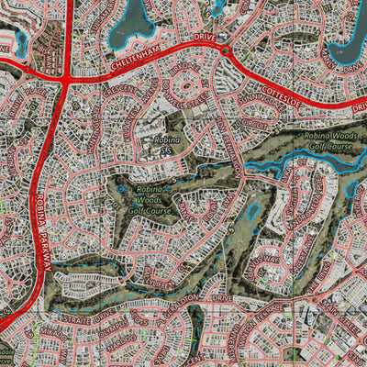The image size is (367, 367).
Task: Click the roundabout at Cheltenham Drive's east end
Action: [x=225, y=50]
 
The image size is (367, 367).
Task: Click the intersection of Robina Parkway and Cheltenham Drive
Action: [x=66, y=80]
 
